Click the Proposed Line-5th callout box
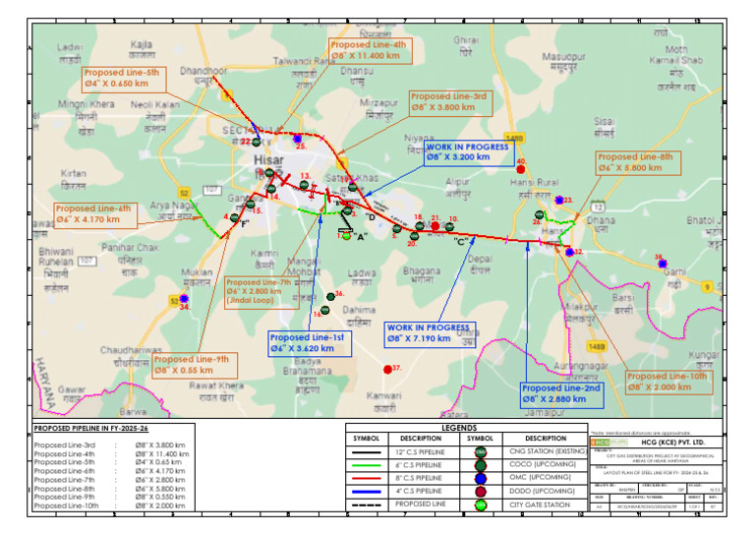(x=121, y=79)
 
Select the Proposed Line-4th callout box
(x=369, y=51)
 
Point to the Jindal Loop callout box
(x=259, y=292)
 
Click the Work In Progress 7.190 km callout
(x=428, y=332)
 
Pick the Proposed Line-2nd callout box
(x=561, y=393)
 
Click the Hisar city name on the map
(x=267, y=156)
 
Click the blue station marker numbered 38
(x=664, y=264)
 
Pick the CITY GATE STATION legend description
(x=546, y=504)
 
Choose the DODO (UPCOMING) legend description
(x=546, y=491)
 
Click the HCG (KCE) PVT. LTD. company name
(x=680, y=445)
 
